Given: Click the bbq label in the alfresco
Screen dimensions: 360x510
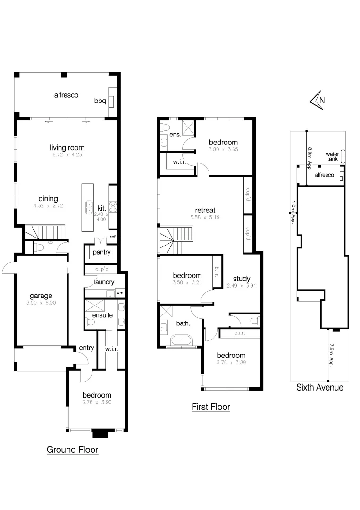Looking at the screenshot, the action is (100, 101).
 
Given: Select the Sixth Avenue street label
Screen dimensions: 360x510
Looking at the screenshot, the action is (319, 388).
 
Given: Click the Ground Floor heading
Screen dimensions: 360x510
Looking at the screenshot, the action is (72, 450).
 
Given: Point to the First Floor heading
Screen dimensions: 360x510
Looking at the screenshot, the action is (210, 407).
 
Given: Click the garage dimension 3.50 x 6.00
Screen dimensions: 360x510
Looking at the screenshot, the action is (42, 303).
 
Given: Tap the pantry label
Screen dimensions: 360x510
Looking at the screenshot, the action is (102, 252).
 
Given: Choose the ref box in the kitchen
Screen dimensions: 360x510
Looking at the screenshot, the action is (112, 237).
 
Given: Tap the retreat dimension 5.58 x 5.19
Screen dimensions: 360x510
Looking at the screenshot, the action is (205, 218).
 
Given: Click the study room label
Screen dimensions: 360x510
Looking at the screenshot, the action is (242, 278).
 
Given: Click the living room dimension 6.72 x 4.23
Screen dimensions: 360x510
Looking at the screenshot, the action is (68, 155).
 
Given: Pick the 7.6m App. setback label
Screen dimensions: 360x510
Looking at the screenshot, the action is (331, 355).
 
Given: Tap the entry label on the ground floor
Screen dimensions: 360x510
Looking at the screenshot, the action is (87, 348).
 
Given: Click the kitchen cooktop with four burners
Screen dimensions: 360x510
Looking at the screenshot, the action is (113, 206).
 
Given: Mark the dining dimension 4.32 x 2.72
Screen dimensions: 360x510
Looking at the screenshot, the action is (48, 206).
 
